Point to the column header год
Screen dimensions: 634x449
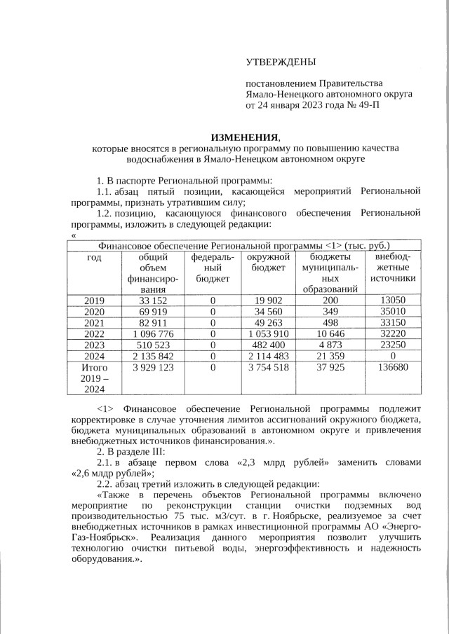[x=94, y=258]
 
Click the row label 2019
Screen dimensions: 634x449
[x=94, y=301]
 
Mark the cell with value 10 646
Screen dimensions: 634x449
[x=330, y=334]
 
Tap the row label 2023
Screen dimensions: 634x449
[x=94, y=345]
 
